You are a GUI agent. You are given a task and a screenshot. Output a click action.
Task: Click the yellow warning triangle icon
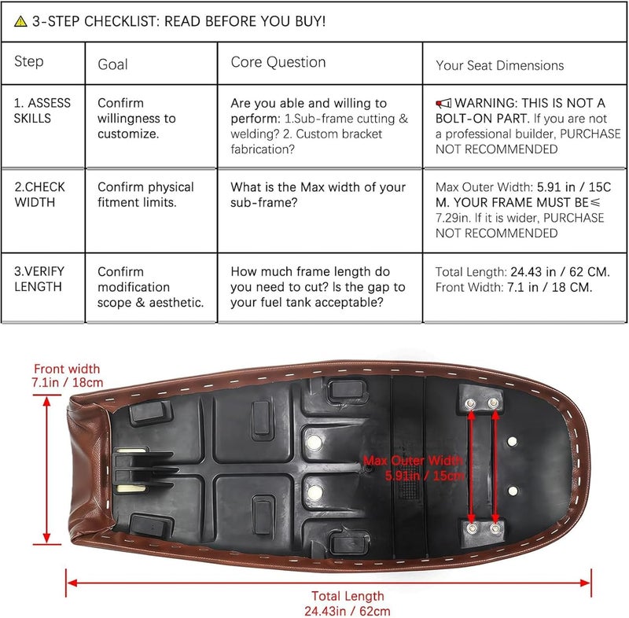point(20,21)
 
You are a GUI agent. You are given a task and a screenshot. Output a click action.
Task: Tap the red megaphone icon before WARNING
point(443,104)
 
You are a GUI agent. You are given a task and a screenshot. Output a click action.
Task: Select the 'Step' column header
point(29,61)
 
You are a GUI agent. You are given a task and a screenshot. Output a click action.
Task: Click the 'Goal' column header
point(112,64)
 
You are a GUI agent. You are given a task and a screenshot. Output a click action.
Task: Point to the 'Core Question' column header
point(278,62)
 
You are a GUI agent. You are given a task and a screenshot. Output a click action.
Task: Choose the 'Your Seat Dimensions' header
point(500,65)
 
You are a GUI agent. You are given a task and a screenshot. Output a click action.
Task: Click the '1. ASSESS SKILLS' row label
point(42,111)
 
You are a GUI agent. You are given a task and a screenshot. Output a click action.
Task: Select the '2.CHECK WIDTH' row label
point(39,195)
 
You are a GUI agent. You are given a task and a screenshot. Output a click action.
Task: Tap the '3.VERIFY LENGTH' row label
point(39,279)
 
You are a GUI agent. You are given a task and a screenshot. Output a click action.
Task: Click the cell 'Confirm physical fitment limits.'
point(145,195)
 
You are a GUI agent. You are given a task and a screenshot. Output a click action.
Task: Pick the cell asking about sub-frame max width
point(318,195)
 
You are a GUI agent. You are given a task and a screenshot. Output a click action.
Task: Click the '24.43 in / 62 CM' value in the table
point(560,272)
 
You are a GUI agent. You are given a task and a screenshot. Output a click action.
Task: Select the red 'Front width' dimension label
point(67,376)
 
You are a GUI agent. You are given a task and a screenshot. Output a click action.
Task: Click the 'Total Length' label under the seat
point(348,596)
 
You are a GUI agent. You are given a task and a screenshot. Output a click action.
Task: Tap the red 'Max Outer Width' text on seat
point(414,461)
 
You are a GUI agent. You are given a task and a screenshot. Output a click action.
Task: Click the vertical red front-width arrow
point(47,469)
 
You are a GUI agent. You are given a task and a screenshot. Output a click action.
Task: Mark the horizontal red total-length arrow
point(329,583)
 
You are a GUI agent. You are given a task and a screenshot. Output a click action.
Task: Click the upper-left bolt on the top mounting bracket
point(470,403)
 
